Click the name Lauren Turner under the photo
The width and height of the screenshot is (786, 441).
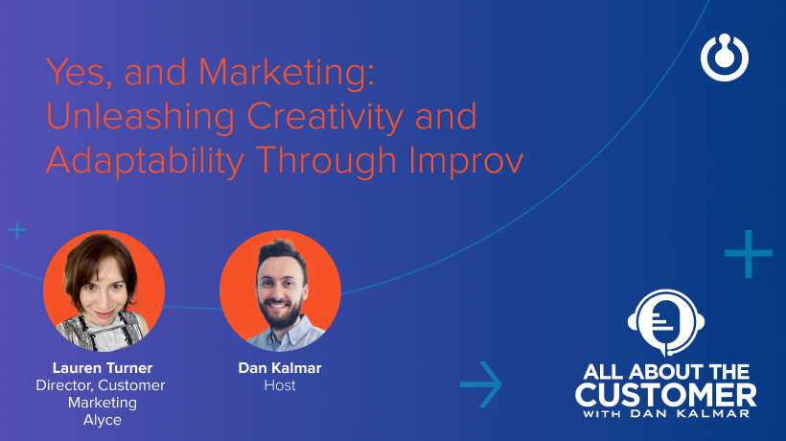pos(104,367)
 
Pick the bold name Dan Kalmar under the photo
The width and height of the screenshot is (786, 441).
pos(280,367)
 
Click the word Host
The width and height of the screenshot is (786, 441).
pos(280,385)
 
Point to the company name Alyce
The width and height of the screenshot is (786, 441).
pos(104,420)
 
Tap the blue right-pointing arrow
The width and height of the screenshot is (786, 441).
pos(481,384)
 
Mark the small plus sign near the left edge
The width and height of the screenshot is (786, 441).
pos(17,230)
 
